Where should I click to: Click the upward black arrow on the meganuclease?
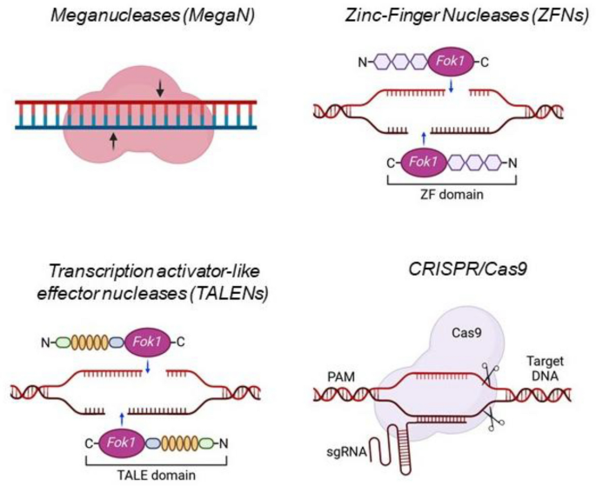pyautogui.click(x=114, y=140)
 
